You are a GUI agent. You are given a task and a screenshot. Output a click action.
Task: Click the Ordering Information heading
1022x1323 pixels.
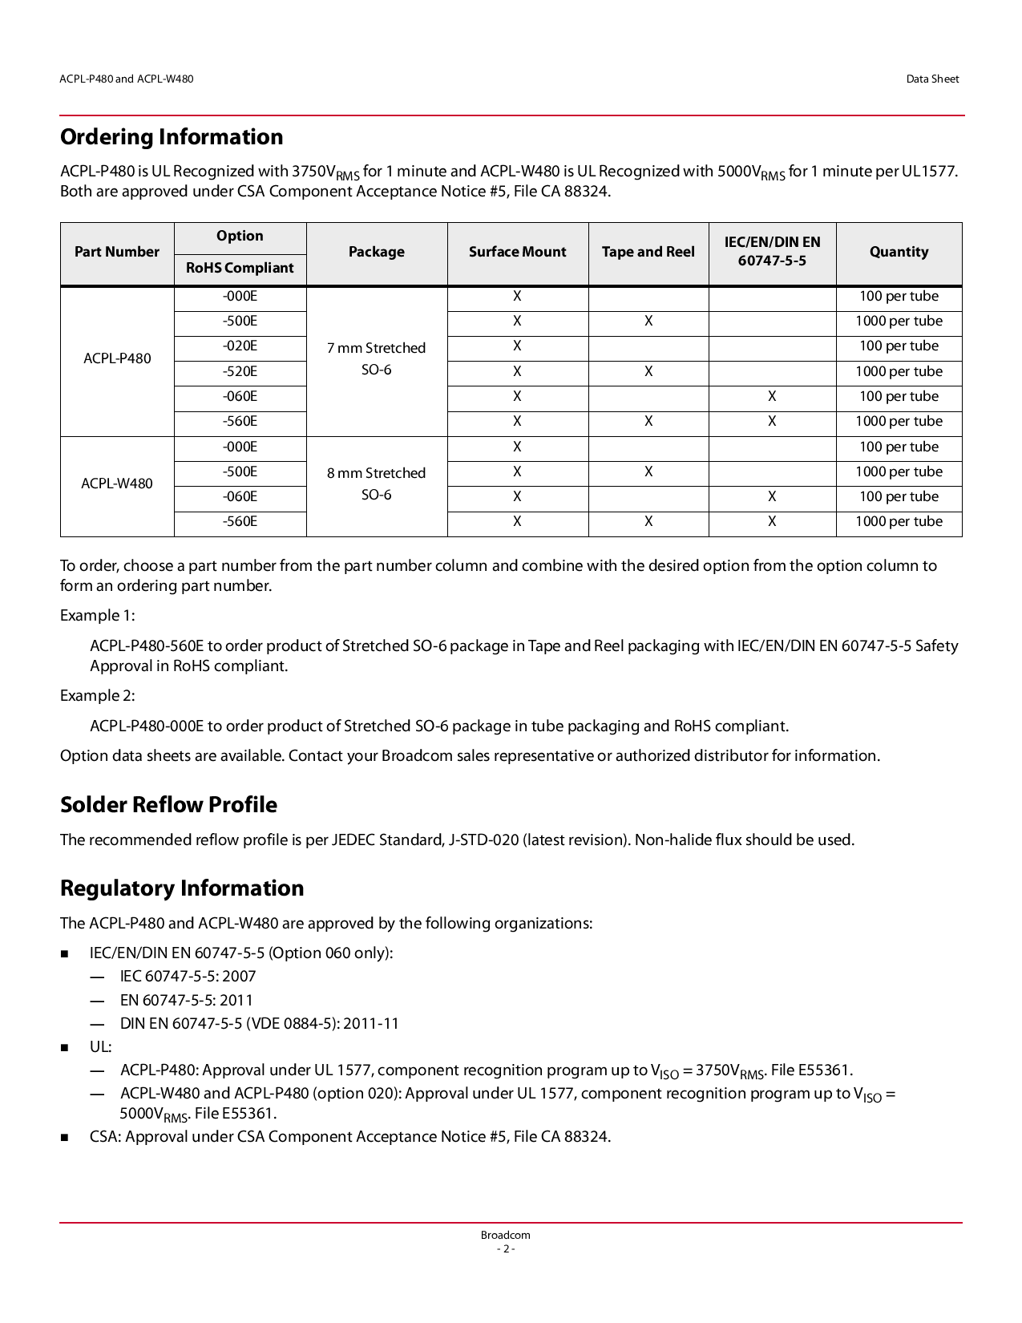(x=172, y=137)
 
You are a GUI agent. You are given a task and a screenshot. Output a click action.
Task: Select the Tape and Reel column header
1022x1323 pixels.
(x=648, y=252)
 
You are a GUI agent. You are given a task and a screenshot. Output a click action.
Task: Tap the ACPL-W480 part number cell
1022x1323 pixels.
(x=117, y=483)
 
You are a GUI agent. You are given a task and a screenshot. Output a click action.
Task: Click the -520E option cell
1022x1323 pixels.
(x=240, y=371)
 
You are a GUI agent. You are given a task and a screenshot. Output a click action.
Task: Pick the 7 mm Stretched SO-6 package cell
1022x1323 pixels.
(x=376, y=358)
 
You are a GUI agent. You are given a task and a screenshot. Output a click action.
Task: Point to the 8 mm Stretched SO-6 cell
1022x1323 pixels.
(x=376, y=483)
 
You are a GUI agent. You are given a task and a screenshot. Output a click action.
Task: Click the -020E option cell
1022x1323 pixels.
(x=240, y=346)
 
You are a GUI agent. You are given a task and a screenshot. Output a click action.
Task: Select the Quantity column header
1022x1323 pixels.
(x=899, y=252)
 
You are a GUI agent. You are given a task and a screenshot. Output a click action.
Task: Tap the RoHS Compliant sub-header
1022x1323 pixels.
(x=240, y=268)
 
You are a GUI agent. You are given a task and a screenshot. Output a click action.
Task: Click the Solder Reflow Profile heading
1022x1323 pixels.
(x=168, y=805)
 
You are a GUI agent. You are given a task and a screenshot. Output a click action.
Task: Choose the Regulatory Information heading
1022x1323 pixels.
(x=182, y=888)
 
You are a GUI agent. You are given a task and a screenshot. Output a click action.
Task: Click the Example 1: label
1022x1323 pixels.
(x=98, y=616)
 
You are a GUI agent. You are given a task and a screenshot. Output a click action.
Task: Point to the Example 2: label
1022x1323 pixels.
(x=98, y=696)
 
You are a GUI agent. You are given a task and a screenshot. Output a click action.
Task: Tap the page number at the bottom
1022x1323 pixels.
(x=505, y=1249)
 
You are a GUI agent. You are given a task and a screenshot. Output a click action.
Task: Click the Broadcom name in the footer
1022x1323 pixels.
(x=505, y=1236)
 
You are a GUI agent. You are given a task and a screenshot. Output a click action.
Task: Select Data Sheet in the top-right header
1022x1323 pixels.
(x=932, y=79)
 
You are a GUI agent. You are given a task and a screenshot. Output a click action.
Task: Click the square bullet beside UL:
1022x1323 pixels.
(x=65, y=1048)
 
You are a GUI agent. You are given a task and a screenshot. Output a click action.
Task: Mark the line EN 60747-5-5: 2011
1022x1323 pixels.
(x=186, y=1001)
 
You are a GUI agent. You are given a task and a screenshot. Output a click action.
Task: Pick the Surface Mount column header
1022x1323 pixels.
(x=517, y=252)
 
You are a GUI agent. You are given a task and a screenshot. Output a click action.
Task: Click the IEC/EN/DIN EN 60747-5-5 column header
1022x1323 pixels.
(x=772, y=252)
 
